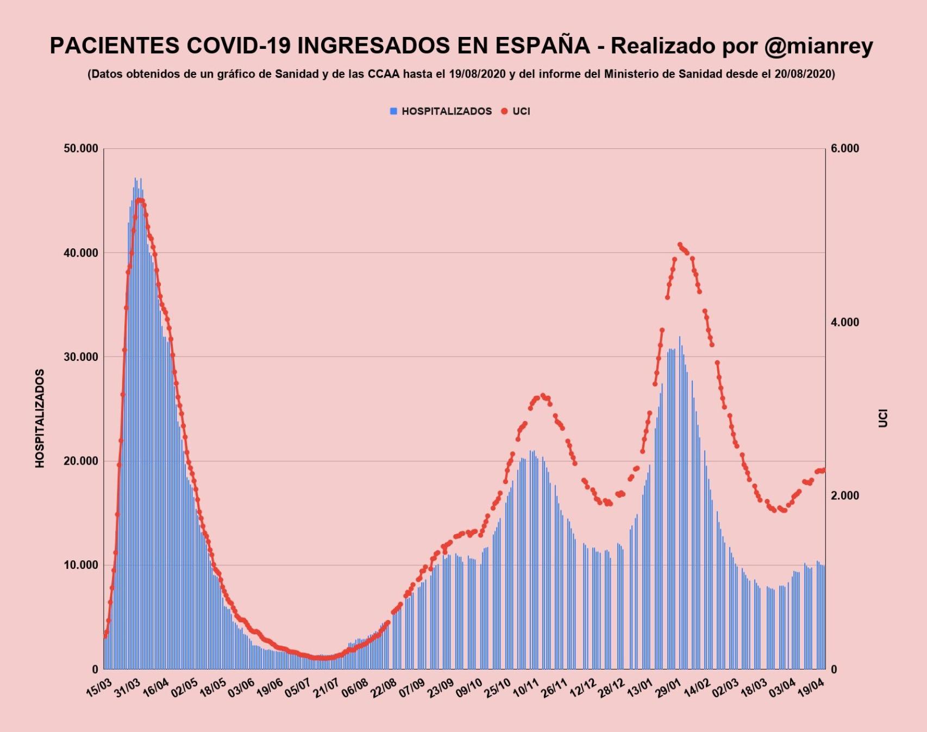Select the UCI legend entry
[x=521, y=111]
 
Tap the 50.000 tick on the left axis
[x=81, y=149]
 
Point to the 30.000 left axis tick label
[x=81, y=357]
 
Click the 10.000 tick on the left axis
[x=81, y=565]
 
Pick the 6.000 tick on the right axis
[x=845, y=149]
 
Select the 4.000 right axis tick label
[x=845, y=322]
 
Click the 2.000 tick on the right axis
[x=845, y=496]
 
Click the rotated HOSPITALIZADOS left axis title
[x=40, y=418]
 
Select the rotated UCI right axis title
[x=883, y=418]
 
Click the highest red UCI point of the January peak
[x=680, y=245]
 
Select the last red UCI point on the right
[x=823, y=470]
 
